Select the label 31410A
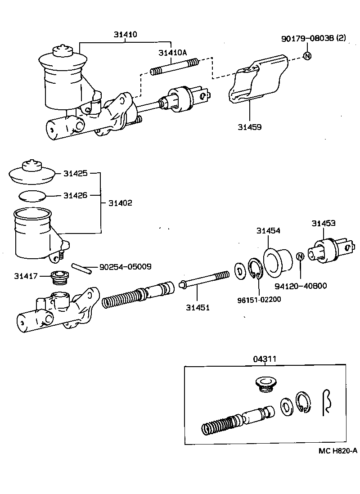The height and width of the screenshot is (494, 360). (172, 53)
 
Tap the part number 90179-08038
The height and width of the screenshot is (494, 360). (307, 39)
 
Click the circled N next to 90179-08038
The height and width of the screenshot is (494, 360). (307, 56)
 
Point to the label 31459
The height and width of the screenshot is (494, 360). (250, 127)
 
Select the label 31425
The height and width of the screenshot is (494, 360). (75, 173)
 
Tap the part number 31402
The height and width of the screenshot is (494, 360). (120, 203)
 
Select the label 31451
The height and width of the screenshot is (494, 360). (198, 308)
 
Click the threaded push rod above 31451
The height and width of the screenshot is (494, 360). (205, 281)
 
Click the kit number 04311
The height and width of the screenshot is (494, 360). (264, 359)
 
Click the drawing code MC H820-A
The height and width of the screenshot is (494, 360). (337, 451)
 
